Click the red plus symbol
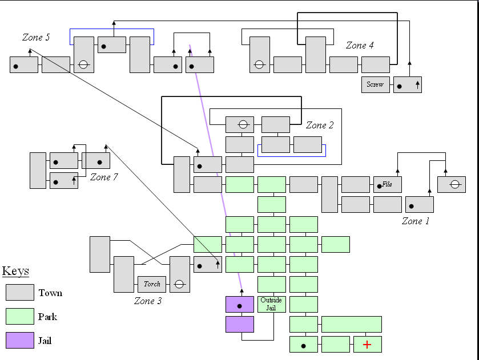(367, 345)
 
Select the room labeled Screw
(375, 84)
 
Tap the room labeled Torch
(152, 284)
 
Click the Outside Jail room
(271, 304)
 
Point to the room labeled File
(388, 184)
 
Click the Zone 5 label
(36, 38)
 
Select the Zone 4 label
(360, 46)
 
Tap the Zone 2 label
(320, 126)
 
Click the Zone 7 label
(104, 177)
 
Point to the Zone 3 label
(148, 301)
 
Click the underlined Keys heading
(15, 272)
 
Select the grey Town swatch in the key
(20, 293)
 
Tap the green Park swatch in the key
(20, 317)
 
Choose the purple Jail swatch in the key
(20, 341)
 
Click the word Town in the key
(50, 293)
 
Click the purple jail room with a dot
(240, 305)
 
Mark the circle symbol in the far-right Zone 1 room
(454, 184)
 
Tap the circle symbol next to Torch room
(179, 284)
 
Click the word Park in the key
(48, 317)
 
